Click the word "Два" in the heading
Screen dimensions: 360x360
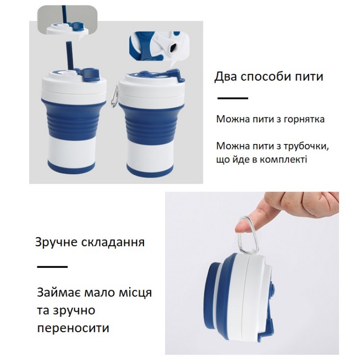(225, 77)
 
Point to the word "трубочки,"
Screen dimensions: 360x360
(306, 146)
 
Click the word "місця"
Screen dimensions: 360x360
(135, 293)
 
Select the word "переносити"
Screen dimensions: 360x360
(73, 328)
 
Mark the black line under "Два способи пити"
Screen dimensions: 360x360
(233, 98)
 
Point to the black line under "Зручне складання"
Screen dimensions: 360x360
(52, 266)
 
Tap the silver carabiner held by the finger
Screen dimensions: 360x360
(249, 234)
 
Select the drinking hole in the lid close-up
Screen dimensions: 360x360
(173, 47)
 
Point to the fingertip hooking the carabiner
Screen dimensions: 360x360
(242, 227)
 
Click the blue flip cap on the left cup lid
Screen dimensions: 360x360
(90, 76)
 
